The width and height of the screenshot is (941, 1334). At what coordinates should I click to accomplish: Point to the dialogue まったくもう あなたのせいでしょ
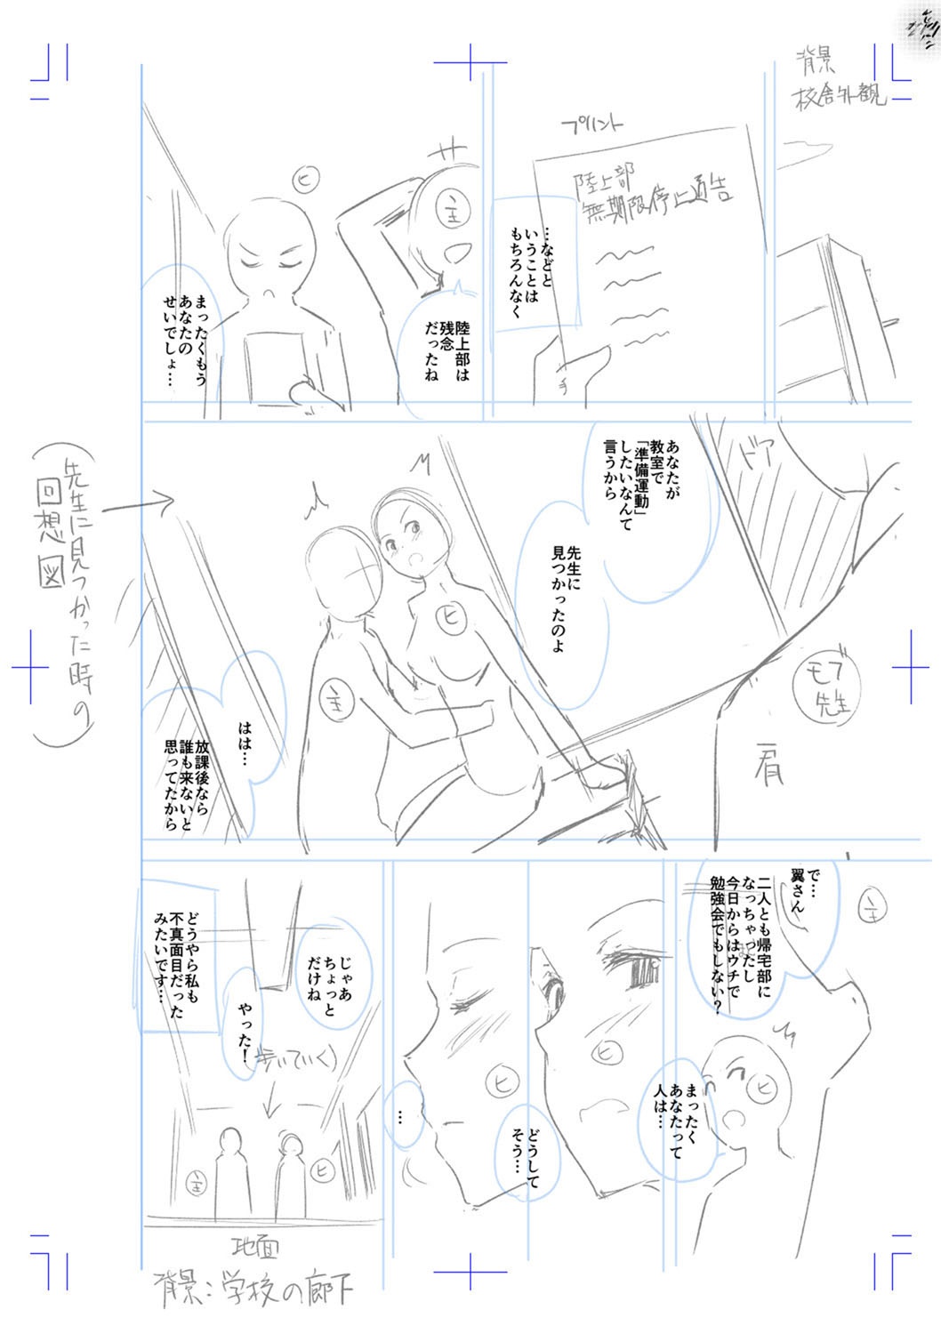tap(187, 342)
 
